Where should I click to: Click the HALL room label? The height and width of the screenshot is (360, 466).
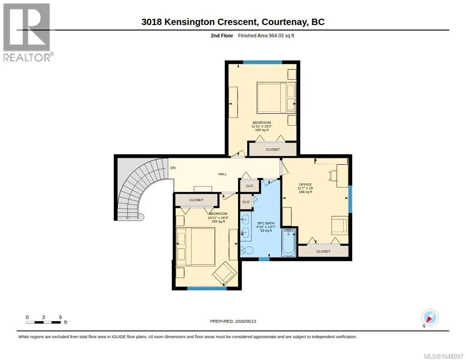222,174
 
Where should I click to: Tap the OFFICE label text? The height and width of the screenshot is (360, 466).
305,185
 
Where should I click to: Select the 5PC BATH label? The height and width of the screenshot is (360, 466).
266,223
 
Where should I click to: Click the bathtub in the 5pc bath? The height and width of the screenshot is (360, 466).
289,242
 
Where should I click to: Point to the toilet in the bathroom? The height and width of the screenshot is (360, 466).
247,250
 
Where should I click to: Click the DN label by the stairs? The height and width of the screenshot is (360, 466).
173,167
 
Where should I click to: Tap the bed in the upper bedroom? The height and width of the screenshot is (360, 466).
276,97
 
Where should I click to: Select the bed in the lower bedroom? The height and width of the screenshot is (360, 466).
196,247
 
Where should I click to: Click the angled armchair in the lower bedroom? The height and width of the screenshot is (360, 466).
225,273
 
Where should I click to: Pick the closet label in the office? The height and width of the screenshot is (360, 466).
323,252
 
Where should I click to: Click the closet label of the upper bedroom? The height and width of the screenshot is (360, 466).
273,150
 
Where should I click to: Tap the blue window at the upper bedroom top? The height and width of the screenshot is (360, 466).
263,62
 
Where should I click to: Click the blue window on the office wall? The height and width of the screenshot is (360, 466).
350,199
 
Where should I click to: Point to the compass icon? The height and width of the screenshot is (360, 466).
430,318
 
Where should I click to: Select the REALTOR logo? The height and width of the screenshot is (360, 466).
28,32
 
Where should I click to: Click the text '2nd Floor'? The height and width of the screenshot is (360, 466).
222,35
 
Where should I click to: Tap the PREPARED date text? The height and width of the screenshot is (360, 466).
233,321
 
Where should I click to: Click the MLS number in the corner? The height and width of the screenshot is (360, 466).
443,356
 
